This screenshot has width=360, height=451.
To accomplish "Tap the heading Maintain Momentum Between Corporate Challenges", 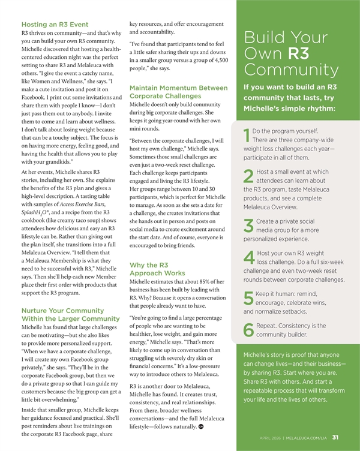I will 178,92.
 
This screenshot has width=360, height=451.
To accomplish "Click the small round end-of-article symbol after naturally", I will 202,428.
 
